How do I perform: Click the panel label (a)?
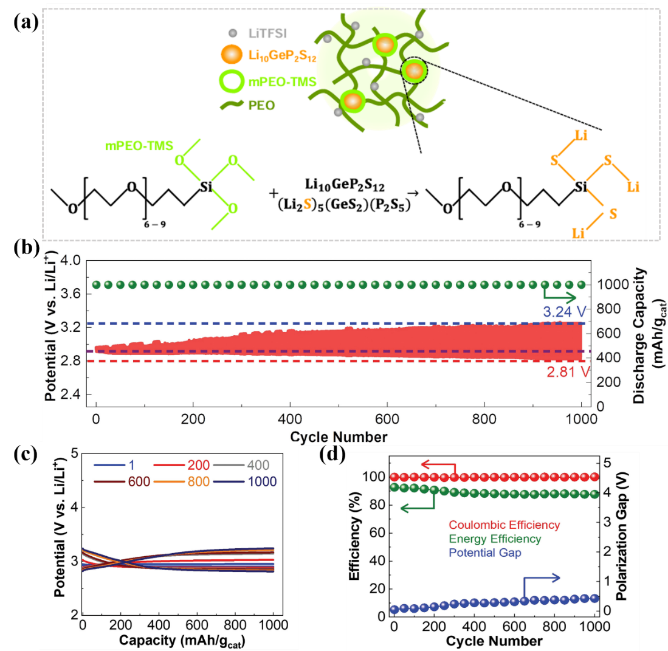click(26, 22)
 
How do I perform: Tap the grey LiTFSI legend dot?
click(233, 33)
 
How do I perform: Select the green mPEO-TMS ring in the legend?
click(232, 81)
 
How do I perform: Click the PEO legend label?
click(261, 105)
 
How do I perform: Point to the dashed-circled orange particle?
click(414, 71)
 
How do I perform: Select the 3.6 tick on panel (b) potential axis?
click(71, 294)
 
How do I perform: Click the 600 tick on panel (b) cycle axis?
click(387, 419)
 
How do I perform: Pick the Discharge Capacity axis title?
click(646, 336)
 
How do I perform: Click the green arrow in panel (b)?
click(559, 294)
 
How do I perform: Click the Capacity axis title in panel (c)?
click(182, 640)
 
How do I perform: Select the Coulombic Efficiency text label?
click(504, 525)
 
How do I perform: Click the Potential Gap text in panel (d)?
click(485, 553)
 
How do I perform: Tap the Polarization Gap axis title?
click(622, 536)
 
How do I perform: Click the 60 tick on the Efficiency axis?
click(378, 532)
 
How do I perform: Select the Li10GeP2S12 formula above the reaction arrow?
click(345, 185)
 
